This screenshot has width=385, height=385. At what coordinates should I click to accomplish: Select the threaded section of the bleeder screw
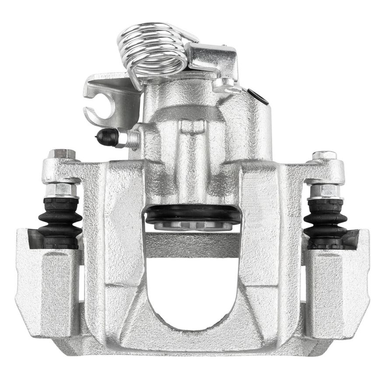(129, 139)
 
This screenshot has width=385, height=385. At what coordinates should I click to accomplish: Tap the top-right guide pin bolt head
(324, 155)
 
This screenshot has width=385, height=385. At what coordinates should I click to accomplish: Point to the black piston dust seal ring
(192, 214)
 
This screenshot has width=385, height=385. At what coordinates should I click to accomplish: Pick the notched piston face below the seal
(192, 226)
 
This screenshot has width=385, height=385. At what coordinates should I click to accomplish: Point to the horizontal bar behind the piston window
(192, 245)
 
